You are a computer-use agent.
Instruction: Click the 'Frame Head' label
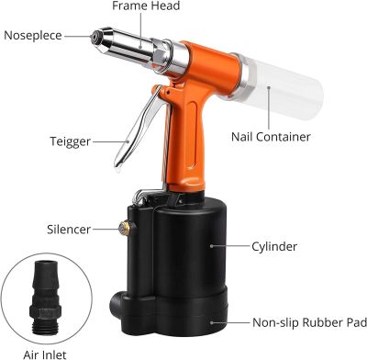pos(146,6)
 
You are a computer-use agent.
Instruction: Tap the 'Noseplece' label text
pos(33,36)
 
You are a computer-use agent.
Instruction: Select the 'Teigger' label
pos(71,141)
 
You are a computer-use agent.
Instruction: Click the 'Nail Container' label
pos(271,137)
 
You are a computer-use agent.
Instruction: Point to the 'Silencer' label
pos(69,230)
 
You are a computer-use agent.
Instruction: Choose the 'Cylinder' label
pos(274,246)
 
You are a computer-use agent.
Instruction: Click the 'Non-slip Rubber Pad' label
pos(309,322)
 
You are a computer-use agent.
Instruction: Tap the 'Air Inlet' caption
pos(45,354)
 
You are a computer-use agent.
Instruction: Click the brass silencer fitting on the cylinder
pos(124,228)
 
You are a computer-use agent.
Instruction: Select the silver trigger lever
pos(138,127)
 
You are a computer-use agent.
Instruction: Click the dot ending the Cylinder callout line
pos(211,246)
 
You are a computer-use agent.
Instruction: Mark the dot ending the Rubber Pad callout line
pos(211,322)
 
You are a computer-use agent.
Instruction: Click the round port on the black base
pos(117,301)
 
